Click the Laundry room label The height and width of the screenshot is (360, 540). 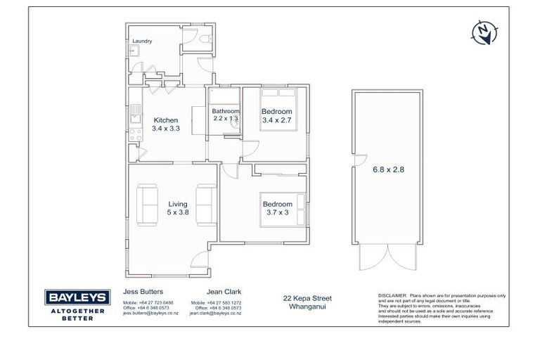coord(142,41)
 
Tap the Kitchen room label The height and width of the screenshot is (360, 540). coord(166,120)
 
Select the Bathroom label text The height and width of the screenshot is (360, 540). coord(226,111)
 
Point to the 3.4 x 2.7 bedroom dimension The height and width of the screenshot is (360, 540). coord(276,120)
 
